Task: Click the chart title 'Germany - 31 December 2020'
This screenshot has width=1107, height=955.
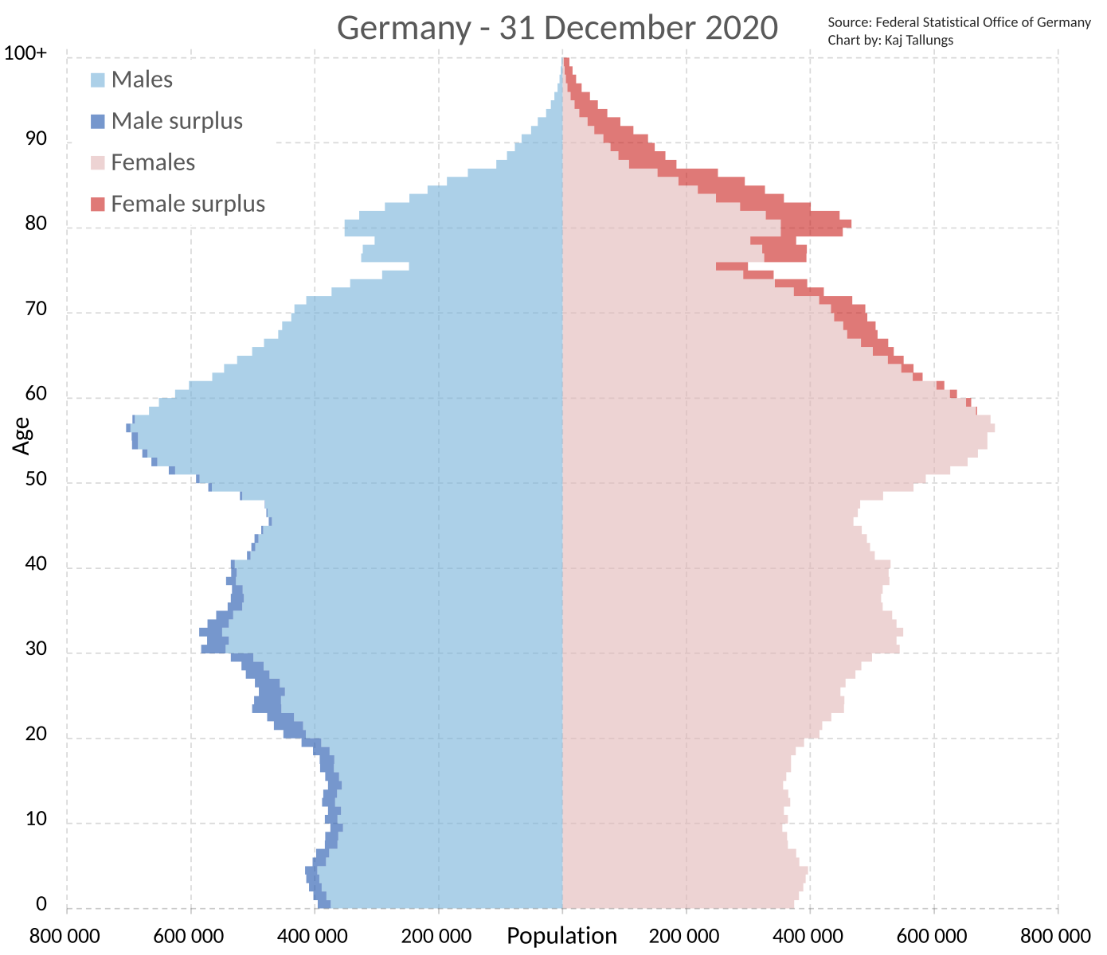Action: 557,28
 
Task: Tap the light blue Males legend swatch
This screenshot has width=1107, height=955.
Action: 97,80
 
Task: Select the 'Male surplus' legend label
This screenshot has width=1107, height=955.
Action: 177,121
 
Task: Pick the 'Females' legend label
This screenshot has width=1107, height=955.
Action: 153,162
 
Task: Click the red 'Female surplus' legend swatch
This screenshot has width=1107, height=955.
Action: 97,205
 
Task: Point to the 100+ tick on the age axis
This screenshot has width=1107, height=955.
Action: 25,53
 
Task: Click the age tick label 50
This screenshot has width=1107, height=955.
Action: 36,480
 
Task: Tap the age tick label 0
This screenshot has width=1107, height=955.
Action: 41,904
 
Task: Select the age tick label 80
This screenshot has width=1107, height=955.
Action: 36,224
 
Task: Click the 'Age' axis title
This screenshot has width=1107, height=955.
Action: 22,437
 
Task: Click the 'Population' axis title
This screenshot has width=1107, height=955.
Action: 561,936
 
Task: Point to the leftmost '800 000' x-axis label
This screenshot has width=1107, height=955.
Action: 65,936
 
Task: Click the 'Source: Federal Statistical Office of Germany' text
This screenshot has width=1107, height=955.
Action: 959,22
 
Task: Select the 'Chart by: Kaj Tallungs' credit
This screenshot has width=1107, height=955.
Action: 890,40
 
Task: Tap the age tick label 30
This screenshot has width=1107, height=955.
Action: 36,649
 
